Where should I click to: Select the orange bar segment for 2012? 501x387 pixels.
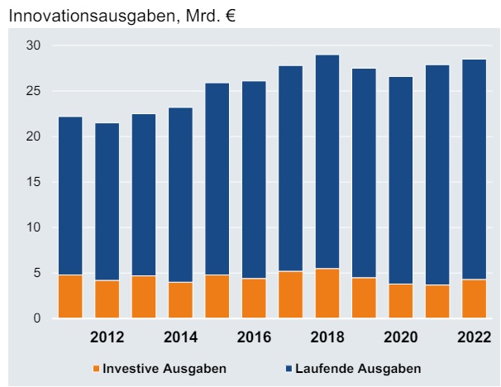107,299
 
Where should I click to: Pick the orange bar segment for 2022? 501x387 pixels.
474,299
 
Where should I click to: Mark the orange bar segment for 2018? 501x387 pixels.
327,294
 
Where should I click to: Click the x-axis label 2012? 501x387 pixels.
107,337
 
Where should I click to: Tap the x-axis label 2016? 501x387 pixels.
254,337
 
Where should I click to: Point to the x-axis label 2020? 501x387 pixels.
400,337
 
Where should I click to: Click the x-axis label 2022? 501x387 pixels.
474,337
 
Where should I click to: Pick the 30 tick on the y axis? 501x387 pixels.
32,45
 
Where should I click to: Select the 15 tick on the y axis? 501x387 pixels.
32,182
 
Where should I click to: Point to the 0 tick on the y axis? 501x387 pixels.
36,318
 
